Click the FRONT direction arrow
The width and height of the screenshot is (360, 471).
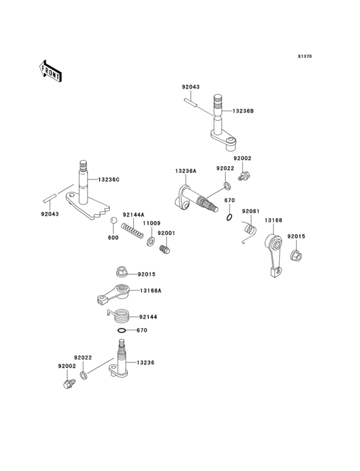coord(51,70)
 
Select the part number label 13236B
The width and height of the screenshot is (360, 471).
coord(242,111)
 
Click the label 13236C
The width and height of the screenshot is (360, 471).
coord(108,180)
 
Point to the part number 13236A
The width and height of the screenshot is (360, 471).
coord(185,171)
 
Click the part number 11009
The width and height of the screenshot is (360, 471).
coord(151,223)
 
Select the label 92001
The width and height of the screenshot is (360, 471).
coord(166,233)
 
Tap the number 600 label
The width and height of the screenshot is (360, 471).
coord(113,237)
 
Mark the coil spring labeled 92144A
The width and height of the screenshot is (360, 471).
coord(131,230)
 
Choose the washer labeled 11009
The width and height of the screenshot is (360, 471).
coord(151,241)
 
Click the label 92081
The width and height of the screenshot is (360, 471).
coord(251,211)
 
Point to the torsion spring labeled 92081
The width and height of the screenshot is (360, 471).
coord(249,230)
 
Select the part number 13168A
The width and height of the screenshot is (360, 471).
coord(151,291)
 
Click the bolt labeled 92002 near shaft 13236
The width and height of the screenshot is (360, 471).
coord(68,385)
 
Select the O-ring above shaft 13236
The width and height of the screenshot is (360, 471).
coord(121,331)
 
